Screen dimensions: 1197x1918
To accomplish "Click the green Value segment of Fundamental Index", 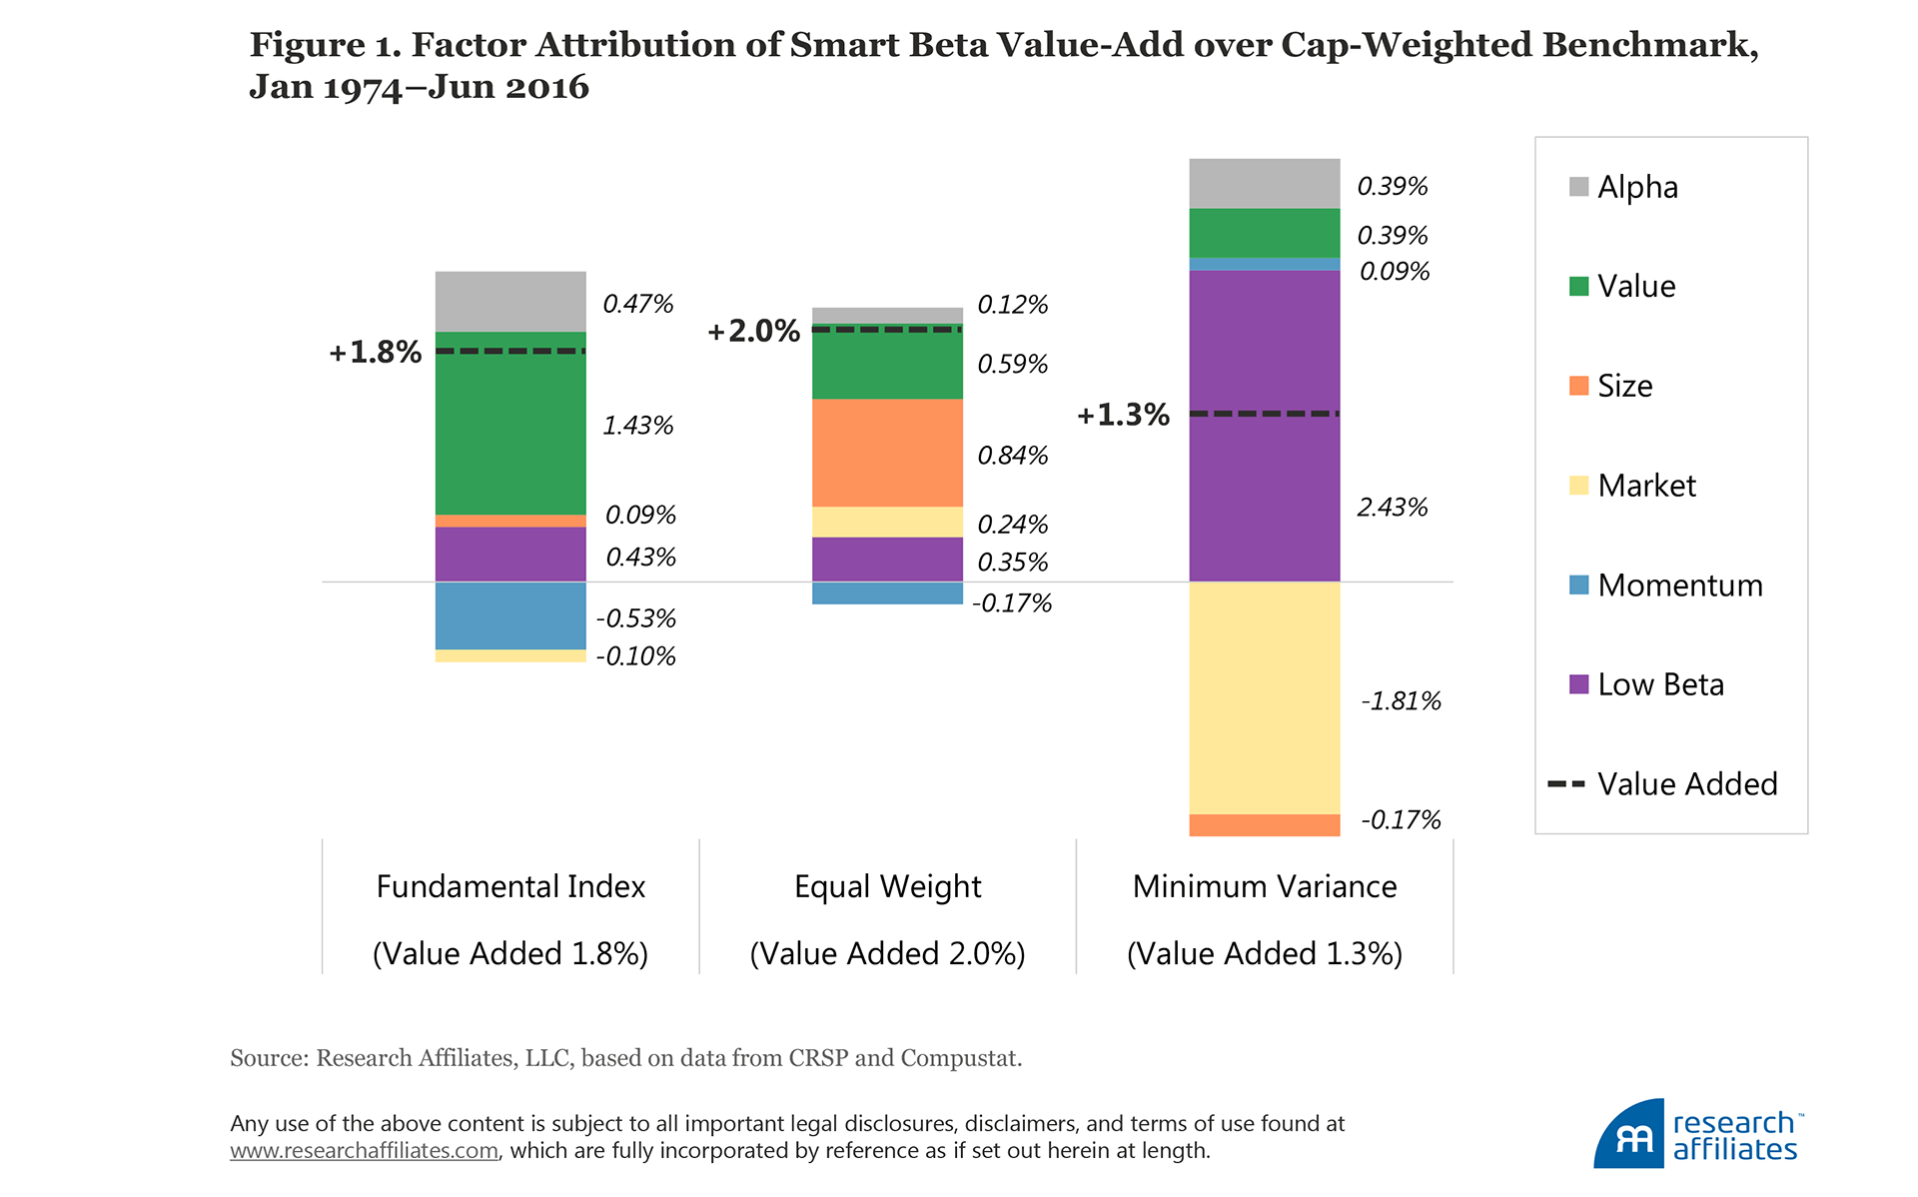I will pos(510,430).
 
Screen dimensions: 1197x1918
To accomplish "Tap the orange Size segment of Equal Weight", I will pos(887,453).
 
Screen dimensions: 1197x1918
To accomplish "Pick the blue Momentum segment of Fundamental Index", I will pos(510,615).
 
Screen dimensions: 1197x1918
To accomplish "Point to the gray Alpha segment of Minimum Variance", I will pos(1264,183).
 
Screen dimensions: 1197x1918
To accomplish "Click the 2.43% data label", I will pos(1392,508).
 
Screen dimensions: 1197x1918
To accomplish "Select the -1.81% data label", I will pos(1401,701).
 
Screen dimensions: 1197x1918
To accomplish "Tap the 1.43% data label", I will pos(637,426).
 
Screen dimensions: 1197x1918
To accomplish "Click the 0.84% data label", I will pos(1012,456).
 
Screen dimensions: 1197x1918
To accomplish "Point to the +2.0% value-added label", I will pos(753,331).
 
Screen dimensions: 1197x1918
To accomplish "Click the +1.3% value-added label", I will pos(1123,415).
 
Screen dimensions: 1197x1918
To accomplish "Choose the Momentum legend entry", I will pos(1678,585).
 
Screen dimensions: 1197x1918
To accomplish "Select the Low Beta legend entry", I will pos(1659,684).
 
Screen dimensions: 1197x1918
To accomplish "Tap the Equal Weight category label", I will pos(887,886).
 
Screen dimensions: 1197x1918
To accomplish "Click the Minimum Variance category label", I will pos(1264,886).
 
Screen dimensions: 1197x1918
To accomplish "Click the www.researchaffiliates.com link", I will pos(364,1151).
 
